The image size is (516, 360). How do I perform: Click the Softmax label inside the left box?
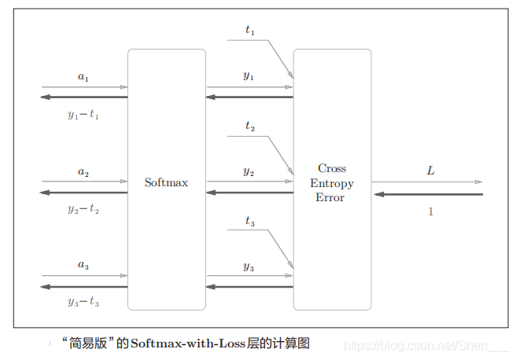click(x=166, y=182)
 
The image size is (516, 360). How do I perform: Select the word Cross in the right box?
click(x=331, y=168)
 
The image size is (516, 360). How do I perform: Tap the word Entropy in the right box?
click(x=331, y=183)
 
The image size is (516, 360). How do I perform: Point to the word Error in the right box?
click(x=330, y=198)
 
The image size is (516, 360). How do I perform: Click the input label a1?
click(x=83, y=77)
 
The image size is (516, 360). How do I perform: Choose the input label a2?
click(x=83, y=171)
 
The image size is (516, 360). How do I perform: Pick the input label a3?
click(x=83, y=266)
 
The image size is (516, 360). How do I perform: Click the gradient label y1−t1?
click(x=83, y=115)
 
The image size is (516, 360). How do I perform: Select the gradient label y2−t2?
click(x=83, y=209)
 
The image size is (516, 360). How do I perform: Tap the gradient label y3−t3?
click(x=83, y=303)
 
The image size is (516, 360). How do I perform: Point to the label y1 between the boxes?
click(x=249, y=77)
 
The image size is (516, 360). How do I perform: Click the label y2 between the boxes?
click(x=249, y=171)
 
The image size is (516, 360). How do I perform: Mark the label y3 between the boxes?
click(x=249, y=266)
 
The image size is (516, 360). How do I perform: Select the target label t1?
click(x=250, y=31)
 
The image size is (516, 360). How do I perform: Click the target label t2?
click(x=250, y=126)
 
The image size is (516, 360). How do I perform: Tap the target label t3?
click(x=250, y=222)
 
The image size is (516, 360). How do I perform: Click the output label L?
click(x=430, y=171)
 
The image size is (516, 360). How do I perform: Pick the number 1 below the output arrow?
click(x=430, y=211)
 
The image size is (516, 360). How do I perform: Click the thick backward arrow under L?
click(x=428, y=194)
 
